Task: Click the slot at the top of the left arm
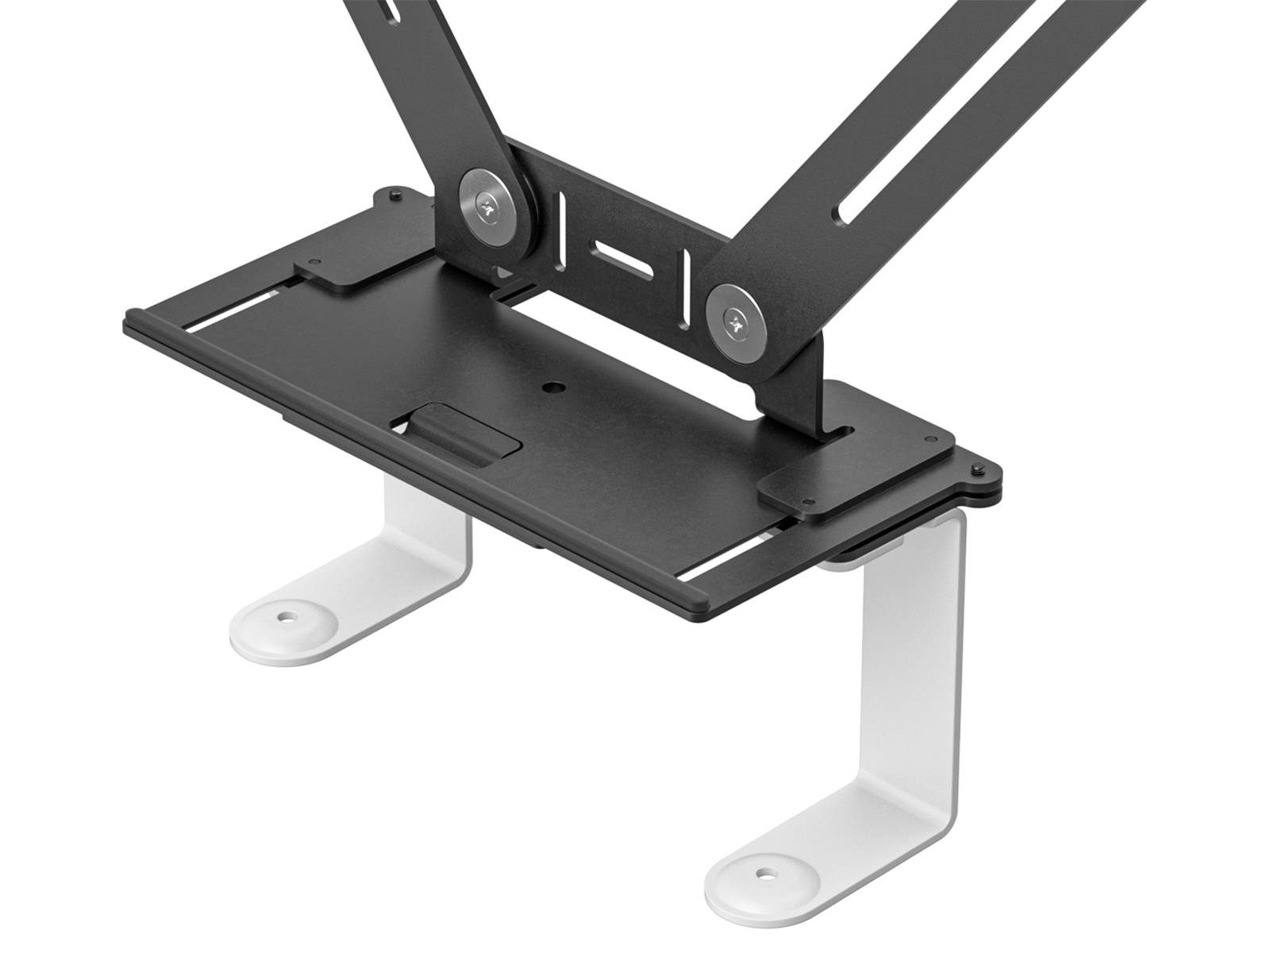[387, 11]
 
